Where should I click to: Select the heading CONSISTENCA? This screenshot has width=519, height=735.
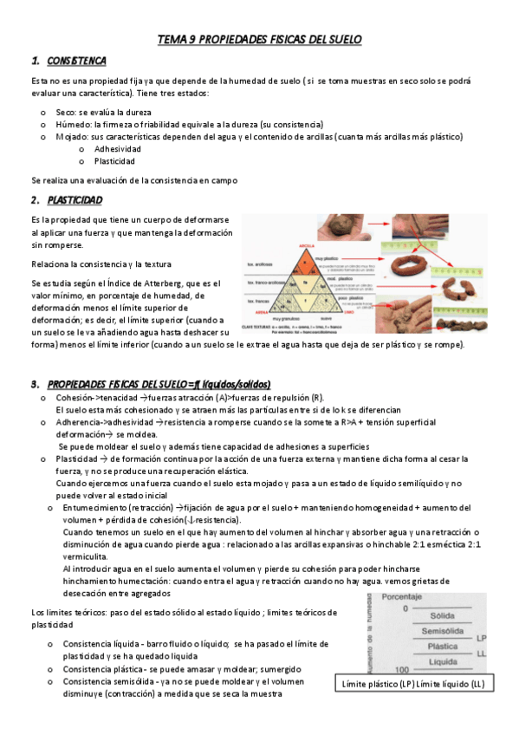77,61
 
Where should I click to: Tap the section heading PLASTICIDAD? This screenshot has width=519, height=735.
75,200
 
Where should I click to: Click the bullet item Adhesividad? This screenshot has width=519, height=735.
118,149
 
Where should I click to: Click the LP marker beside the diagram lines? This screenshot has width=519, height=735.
481,639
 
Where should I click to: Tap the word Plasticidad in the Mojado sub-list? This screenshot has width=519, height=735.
115,161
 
